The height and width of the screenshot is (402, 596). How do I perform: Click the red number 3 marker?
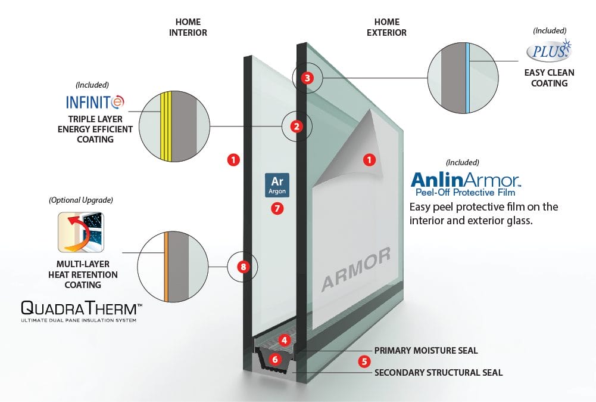[x=307, y=78]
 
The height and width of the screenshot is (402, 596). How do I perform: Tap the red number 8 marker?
[x=242, y=267]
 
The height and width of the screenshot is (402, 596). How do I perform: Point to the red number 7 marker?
[x=276, y=208]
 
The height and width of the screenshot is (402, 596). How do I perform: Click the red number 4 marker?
[x=285, y=341]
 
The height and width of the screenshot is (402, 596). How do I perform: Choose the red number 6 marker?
[x=364, y=361]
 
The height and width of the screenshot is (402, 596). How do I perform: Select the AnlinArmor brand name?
[x=466, y=180]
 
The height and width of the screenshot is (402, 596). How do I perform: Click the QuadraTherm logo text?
[x=82, y=308]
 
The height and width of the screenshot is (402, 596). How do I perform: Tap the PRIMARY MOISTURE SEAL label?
[x=426, y=350]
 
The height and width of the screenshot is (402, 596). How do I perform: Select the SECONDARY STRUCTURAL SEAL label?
[x=438, y=373]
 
